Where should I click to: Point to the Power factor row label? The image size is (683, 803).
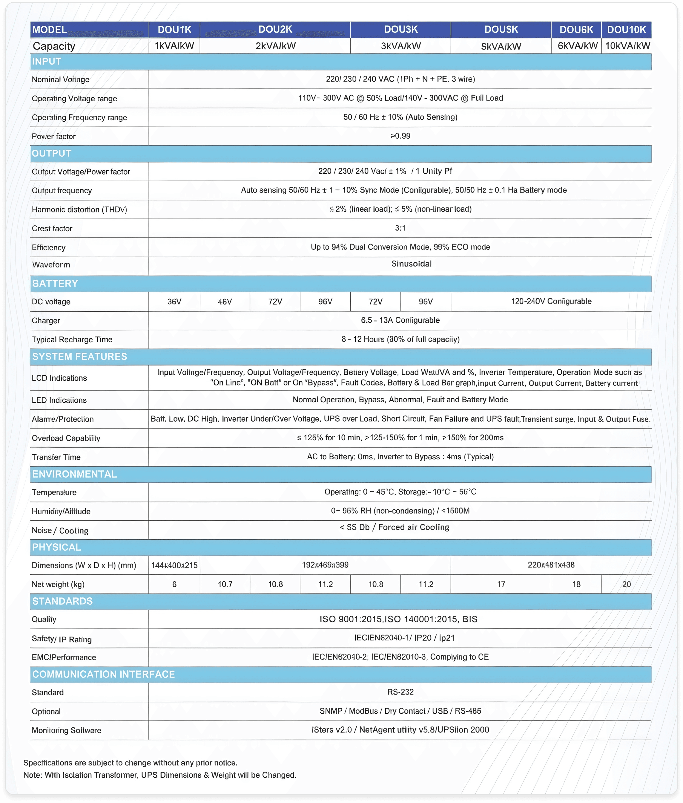click(54, 136)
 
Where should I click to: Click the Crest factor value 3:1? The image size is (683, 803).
click(400, 228)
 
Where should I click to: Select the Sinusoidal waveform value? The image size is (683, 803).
click(411, 264)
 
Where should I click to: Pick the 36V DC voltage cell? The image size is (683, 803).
click(174, 302)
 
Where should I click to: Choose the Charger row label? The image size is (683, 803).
click(46, 321)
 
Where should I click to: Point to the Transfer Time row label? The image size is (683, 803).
click(56, 457)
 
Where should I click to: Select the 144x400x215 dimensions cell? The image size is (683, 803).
click(174, 565)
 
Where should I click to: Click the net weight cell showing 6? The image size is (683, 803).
click(174, 584)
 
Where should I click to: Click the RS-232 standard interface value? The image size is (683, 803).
click(400, 692)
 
